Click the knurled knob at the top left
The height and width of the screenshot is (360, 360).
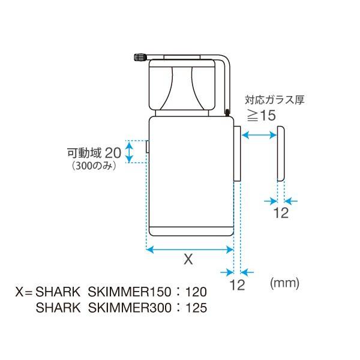[x=138, y=58]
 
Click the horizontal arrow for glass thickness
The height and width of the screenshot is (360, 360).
[x=259, y=136]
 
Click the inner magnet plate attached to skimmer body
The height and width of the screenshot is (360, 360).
[x=237, y=154]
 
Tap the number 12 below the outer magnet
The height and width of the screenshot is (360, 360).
[x=281, y=213]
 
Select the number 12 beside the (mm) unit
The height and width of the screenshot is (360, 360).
[x=238, y=285]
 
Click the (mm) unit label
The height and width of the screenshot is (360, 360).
[x=284, y=282]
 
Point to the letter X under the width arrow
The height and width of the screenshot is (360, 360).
[x=188, y=260]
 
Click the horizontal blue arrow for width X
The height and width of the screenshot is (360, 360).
[x=190, y=248]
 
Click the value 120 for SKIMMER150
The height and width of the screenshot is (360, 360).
[x=196, y=293]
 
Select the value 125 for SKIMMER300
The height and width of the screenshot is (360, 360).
[x=196, y=308]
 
